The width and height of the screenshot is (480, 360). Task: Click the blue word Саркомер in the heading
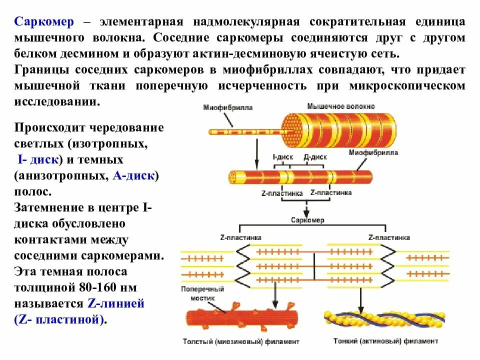click(x=44, y=21)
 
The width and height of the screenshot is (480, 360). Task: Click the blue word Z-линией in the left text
click(x=115, y=303)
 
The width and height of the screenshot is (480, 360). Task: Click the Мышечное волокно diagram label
click(x=340, y=106)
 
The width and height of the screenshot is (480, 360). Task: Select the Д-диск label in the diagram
click(x=315, y=156)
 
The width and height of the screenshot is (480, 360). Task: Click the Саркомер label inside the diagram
click(x=307, y=220)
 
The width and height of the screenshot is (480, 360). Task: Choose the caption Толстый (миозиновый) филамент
click(x=241, y=342)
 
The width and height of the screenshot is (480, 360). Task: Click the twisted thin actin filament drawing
click(x=385, y=320)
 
